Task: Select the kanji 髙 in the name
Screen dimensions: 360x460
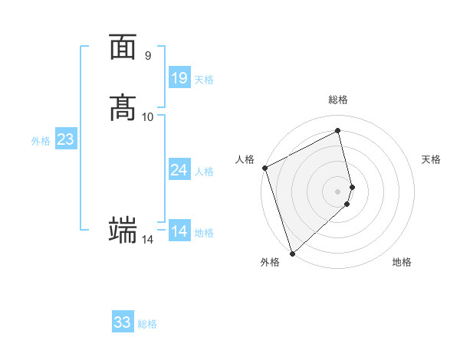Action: (x=123, y=107)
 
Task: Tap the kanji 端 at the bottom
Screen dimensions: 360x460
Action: (x=123, y=229)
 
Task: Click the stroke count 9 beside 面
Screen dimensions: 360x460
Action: (x=147, y=56)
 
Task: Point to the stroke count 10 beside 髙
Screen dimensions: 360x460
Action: (x=148, y=116)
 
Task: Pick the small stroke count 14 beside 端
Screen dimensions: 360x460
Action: (x=147, y=240)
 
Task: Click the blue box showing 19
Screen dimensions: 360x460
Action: (x=179, y=78)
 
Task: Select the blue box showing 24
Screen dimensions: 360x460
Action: (x=179, y=170)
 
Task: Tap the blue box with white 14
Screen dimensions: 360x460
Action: (x=179, y=231)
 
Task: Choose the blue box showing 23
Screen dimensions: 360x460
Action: (x=65, y=139)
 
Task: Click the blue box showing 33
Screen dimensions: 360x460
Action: (x=123, y=322)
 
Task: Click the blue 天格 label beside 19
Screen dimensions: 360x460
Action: (x=204, y=80)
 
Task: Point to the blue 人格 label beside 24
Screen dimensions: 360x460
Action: (x=204, y=172)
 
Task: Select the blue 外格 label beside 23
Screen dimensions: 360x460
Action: (x=41, y=141)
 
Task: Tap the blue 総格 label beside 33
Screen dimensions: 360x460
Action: (x=147, y=324)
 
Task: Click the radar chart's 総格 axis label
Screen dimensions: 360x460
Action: (x=338, y=100)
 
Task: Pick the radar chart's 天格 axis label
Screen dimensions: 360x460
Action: (x=431, y=159)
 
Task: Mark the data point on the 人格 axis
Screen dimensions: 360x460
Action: (x=264, y=168)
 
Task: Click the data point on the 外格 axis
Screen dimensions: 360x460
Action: (x=292, y=253)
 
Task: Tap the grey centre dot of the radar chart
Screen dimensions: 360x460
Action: (x=338, y=191)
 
